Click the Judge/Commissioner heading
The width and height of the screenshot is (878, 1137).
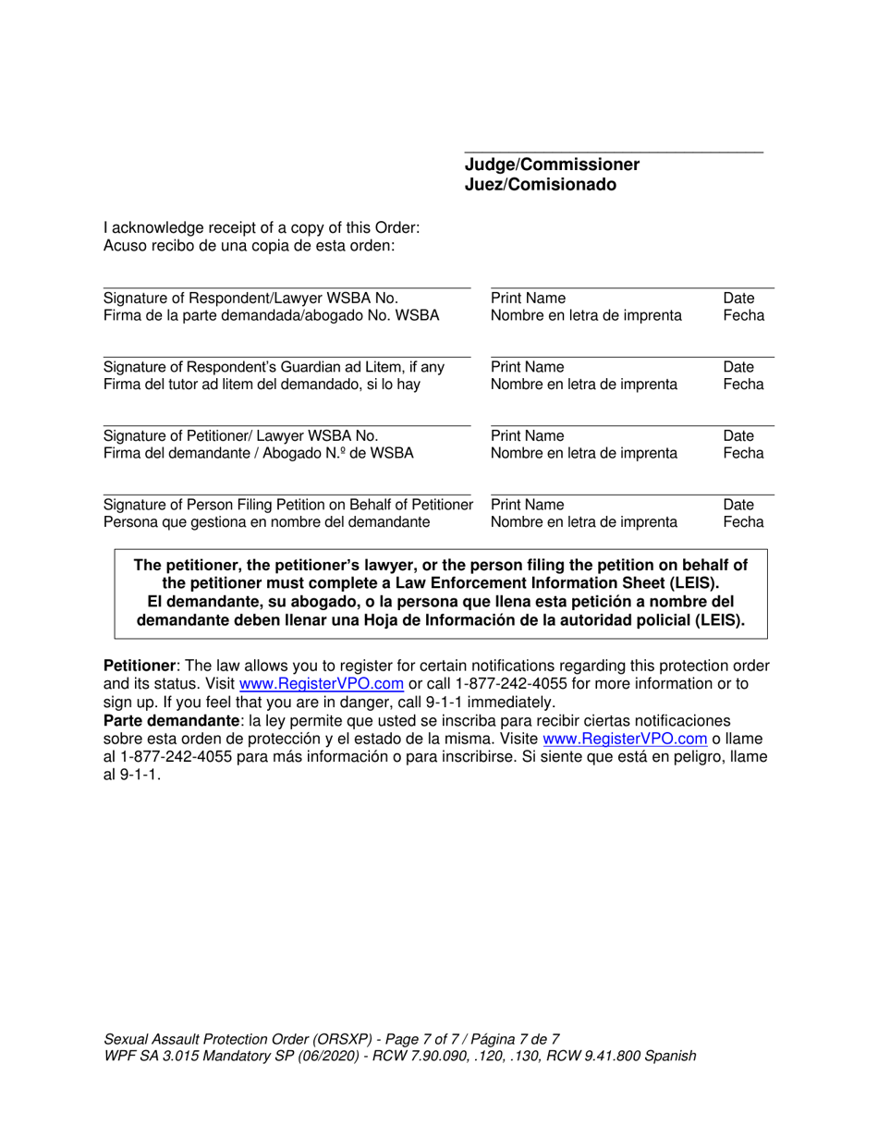(x=551, y=165)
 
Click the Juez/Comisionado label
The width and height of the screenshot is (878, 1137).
(x=540, y=185)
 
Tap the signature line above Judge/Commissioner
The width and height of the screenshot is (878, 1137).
(x=614, y=153)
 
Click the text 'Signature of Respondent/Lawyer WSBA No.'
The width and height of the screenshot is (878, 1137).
(x=250, y=299)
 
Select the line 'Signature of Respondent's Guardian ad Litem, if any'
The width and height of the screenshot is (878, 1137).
(x=274, y=367)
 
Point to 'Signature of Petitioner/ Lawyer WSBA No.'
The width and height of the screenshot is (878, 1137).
(x=240, y=435)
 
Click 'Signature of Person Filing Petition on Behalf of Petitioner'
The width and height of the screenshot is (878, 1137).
(x=287, y=505)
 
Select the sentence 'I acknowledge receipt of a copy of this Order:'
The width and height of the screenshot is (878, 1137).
(x=262, y=227)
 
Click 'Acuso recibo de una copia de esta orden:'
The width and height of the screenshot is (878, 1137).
(x=250, y=246)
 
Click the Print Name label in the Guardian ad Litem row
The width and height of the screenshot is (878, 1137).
(x=528, y=367)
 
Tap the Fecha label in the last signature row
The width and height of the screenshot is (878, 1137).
(x=743, y=522)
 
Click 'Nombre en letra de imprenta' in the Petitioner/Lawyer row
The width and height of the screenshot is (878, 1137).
(x=583, y=453)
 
